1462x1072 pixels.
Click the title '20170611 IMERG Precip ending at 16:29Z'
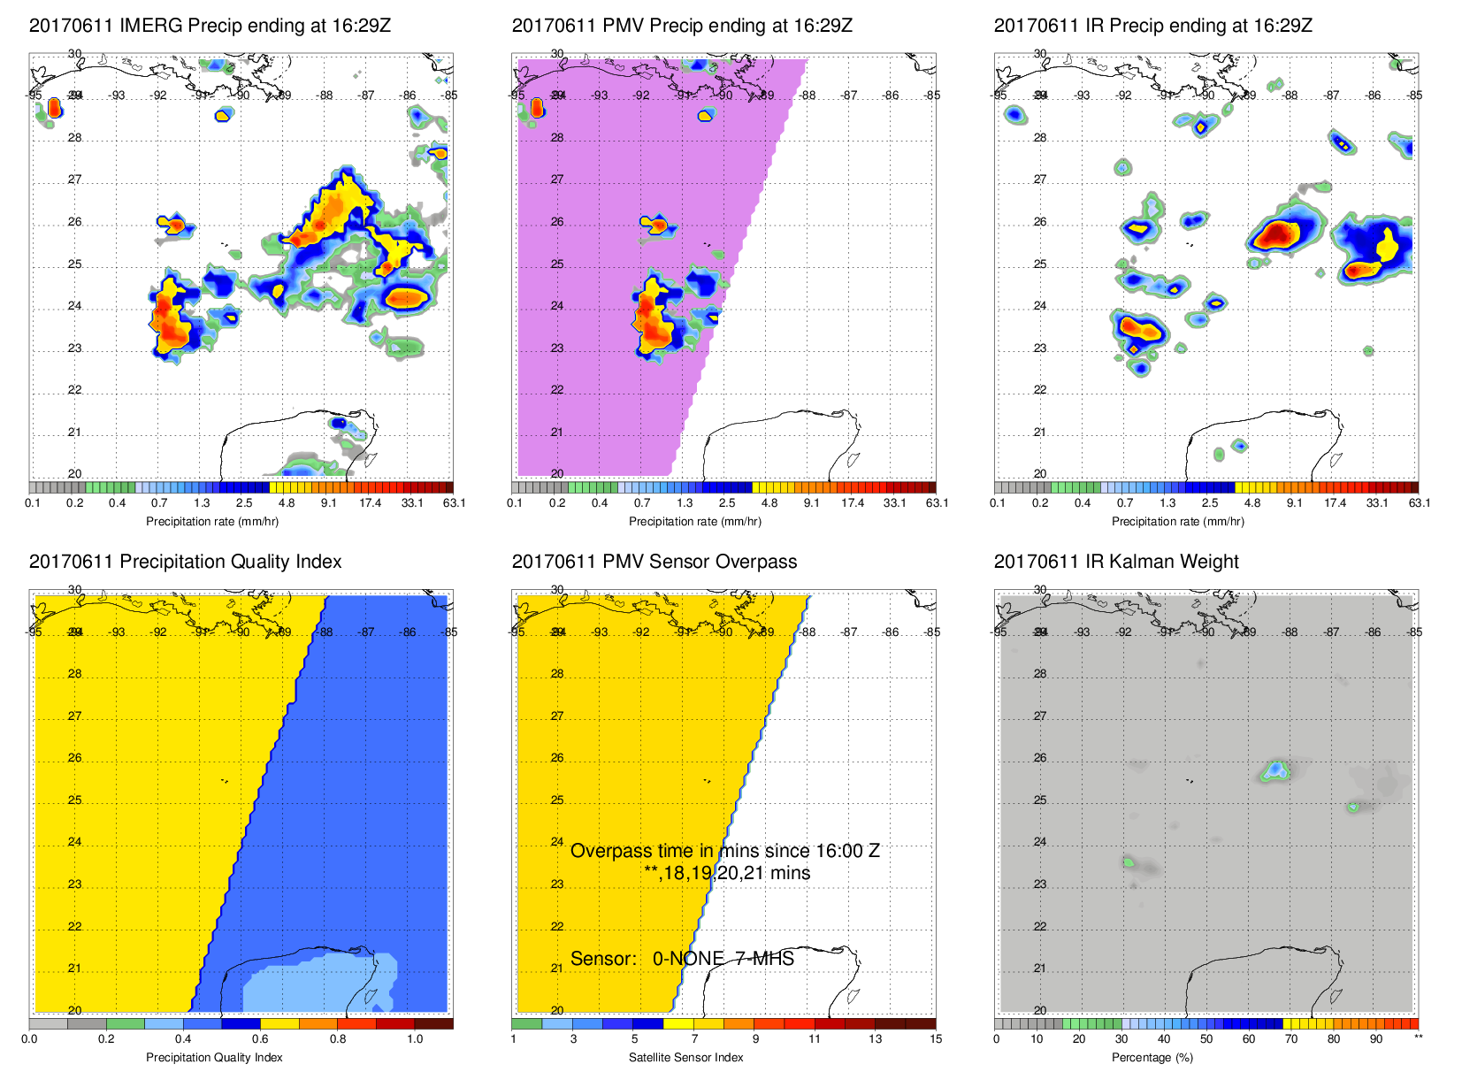coord(210,26)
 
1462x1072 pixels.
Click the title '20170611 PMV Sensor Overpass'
coord(654,562)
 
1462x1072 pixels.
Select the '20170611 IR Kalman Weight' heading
coord(1116,562)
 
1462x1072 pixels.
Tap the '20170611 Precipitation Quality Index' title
coord(185,562)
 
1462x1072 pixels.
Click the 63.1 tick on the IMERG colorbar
coord(454,503)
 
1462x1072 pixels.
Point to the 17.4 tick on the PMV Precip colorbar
coord(853,503)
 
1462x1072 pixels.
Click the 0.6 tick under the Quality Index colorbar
coord(260,1039)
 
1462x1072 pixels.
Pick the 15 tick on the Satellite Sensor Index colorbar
coord(936,1039)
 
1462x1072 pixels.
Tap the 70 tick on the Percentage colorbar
coord(1291,1039)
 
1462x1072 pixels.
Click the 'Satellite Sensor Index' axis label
coord(685,1058)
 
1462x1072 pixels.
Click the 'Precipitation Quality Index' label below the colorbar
coord(214,1058)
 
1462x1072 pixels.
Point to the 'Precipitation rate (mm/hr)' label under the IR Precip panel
coord(1177,522)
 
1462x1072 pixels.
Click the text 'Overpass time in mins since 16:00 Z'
coord(725,851)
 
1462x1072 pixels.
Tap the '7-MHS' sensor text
coord(765,959)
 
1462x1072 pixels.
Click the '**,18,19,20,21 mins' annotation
coord(727,873)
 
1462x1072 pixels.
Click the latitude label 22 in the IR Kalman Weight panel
coord(1040,927)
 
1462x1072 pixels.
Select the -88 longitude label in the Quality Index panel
coord(325,632)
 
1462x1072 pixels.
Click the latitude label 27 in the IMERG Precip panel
coord(75,180)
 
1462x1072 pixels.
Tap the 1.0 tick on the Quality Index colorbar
coord(415,1039)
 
